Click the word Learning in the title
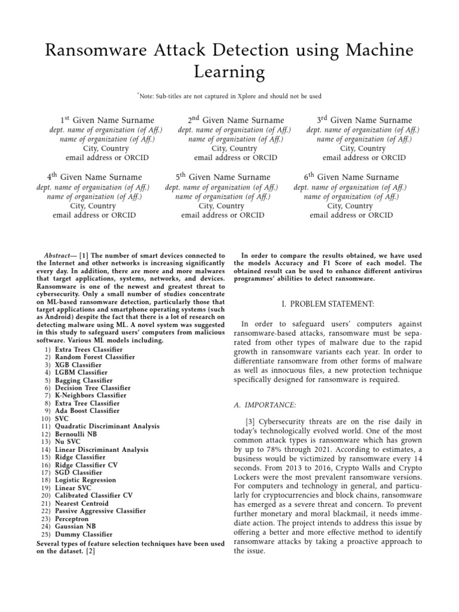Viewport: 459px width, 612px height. coord(229,72)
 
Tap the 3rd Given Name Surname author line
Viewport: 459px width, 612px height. coord(364,120)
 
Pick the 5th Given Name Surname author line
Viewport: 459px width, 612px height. coord(222,177)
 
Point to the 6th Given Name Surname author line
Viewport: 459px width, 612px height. coord(351,177)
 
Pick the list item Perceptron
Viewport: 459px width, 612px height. coord(73,519)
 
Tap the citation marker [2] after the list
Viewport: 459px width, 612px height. coord(90,552)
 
